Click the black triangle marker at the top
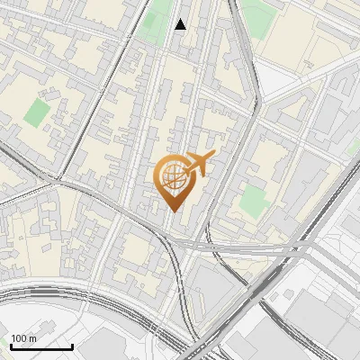[181, 24]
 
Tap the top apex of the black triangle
[181, 19]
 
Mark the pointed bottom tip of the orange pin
[173, 211]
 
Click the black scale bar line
[41, 346]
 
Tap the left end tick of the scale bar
[11, 344]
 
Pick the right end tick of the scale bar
[72, 344]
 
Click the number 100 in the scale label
[18, 337]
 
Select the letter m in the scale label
[32, 337]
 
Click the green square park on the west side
[37, 112]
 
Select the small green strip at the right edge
[354, 146]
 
